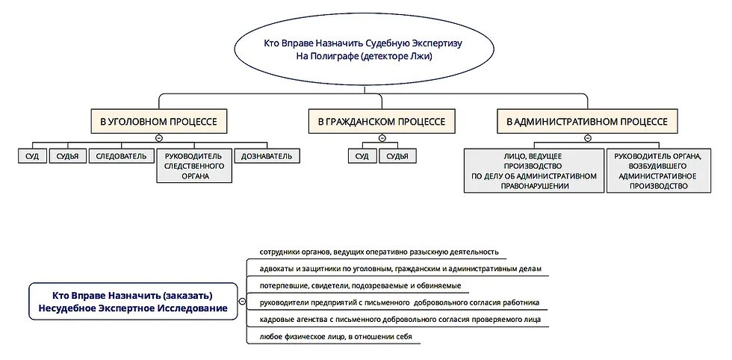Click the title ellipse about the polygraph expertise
364,50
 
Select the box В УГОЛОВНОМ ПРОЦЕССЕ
159,121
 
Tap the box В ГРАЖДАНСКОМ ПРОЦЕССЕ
381,121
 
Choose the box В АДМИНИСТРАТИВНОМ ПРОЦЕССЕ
587,121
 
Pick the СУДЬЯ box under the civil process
397,156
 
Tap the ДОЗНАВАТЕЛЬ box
267,156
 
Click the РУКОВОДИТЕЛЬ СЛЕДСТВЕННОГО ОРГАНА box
194,166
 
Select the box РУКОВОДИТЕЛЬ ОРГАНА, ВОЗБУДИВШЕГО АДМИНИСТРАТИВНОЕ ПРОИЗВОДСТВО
657,170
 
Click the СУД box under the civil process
362,156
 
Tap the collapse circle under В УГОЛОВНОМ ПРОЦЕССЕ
159,137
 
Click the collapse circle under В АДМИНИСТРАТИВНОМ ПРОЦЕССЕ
587,137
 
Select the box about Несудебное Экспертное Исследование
128,301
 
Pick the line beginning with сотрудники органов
379,252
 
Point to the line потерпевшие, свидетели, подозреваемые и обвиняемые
360,286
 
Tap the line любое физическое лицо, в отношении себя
335,337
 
